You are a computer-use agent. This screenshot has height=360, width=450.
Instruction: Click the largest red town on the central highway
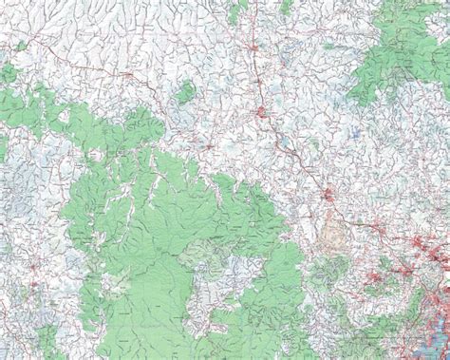pyautogui.click(x=263, y=115)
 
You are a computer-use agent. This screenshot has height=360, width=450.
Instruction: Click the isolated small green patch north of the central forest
pyautogui.click(x=186, y=91)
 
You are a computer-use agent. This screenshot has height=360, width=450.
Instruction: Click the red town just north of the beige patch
pyautogui.click(x=328, y=198)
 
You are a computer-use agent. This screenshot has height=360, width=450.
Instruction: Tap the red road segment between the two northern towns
pyautogui.click(x=256, y=81)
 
